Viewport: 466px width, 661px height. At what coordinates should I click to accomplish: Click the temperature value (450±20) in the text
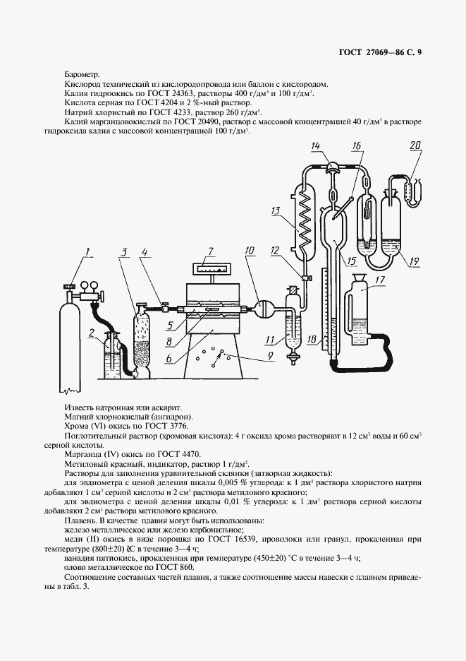pyautogui.click(x=264, y=557)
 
